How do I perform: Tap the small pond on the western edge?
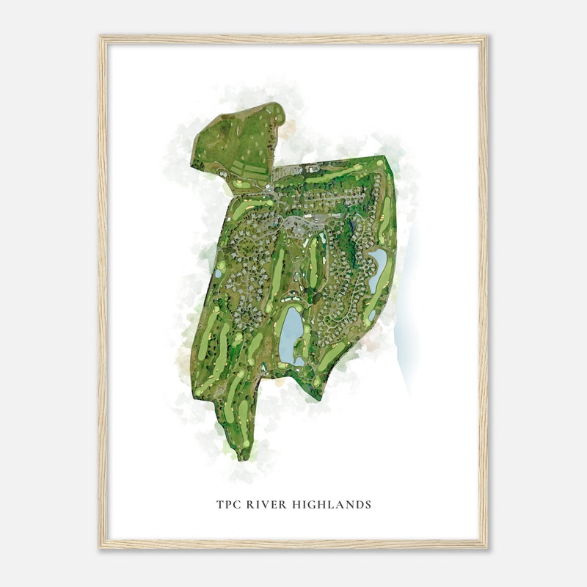[x=218, y=274]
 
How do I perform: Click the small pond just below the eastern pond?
[x=372, y=315]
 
